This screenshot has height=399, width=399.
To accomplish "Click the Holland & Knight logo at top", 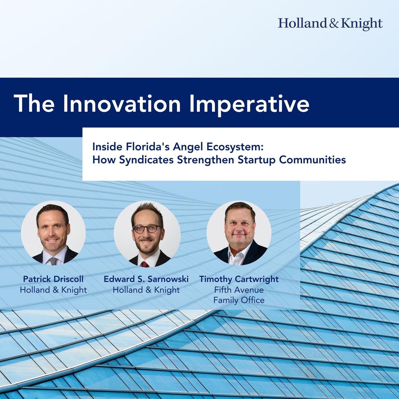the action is click(330, 24).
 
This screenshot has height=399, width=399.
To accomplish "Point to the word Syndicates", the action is click(146, 160).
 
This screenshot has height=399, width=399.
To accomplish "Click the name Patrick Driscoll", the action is click(53, 279).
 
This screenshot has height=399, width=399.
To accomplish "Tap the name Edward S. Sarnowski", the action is click(146, 279).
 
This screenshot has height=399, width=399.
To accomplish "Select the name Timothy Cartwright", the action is click(239, 279).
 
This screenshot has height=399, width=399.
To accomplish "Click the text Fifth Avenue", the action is click(239, 290).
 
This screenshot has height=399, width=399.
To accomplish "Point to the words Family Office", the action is click(239, 300).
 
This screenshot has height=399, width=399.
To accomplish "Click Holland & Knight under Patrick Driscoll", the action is click(53, 290).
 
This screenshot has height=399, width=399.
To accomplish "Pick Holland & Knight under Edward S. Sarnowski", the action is click(146, 290).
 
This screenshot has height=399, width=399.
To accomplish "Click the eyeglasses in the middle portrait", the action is click(147, 229).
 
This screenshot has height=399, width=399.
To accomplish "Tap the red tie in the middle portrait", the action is click(145, 264).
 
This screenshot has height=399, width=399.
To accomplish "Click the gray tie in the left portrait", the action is click(54, 261).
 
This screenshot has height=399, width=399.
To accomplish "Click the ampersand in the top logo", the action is click(333, 24).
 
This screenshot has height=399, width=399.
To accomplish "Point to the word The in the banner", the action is click(34, 103).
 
